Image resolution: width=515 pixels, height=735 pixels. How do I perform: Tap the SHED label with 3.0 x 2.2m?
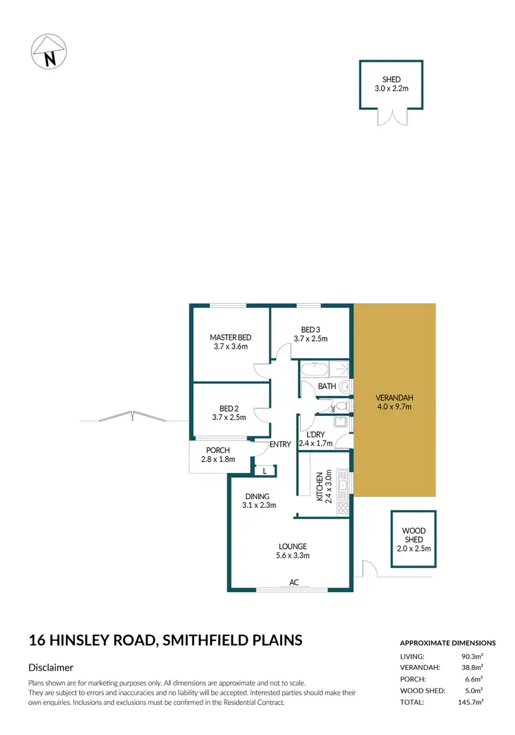pos(391,84)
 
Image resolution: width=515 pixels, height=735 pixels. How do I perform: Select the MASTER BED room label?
pos(231,342)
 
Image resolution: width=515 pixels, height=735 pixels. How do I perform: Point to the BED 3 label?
pos(310,334)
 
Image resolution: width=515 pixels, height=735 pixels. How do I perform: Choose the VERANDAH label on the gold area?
pos(394,402)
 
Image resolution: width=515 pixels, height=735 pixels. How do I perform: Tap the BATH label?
pos(327,386)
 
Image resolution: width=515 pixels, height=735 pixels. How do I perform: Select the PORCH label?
pos(218,455)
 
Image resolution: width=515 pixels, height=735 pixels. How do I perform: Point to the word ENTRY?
pos(281,445)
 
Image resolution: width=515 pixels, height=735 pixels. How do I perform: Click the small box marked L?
pos(265,471)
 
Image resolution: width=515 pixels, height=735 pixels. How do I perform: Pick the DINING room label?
pos(258,501)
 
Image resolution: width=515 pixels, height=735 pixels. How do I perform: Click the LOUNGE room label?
pos(293,551)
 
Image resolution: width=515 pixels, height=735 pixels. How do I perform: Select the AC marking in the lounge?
pos(294,583)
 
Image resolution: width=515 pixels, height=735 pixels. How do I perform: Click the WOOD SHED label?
pos(413,539)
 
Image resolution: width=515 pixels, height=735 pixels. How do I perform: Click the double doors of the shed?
pos(391,117)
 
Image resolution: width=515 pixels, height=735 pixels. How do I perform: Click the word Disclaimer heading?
pos(51,667)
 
